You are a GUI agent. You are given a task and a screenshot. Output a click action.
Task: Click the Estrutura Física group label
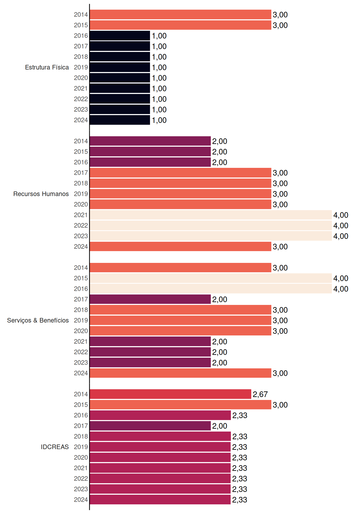[x=47, y=67]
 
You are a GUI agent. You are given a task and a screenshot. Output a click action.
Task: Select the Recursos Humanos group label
[x=41, y=194]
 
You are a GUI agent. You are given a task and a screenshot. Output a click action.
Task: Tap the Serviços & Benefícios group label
[x=38, y=320]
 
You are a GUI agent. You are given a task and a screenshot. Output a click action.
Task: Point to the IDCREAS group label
[x=55, y=447]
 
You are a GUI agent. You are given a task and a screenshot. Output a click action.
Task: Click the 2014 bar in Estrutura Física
[x=181, y=14]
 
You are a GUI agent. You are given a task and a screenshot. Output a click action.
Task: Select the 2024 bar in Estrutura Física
[x=120, y=120]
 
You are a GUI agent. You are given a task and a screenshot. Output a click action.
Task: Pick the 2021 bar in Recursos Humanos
[x=211, y=215]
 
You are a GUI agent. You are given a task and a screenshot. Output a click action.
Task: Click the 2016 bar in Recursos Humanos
[x=150, y=162]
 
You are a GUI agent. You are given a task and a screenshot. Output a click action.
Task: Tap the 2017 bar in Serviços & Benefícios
[x=150, y=299]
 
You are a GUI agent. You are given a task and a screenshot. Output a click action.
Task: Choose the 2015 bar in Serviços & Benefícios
[x=211, y=278]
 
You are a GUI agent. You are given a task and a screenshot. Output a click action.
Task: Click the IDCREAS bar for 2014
[x=171, y=394]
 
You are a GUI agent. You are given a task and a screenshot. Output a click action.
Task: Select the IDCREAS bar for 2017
[x=150, y=426]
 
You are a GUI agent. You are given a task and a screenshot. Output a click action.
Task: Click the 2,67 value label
[x=260, y=394]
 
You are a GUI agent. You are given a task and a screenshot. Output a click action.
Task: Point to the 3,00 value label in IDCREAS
[x=280, y=405]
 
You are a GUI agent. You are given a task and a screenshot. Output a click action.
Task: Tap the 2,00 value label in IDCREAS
[x=220, y=426]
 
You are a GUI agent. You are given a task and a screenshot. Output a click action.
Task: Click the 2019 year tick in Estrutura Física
[x=81, y=67]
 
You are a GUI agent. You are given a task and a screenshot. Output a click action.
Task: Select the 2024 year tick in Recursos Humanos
[x=81, y=247]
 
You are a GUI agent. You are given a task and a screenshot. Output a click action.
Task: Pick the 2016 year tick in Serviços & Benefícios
[x=81, y=289]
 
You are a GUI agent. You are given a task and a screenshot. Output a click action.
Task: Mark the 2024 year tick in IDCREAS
[x=81, y=500]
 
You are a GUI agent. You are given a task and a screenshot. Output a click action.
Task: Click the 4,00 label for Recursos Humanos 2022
[x=341, y=226]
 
